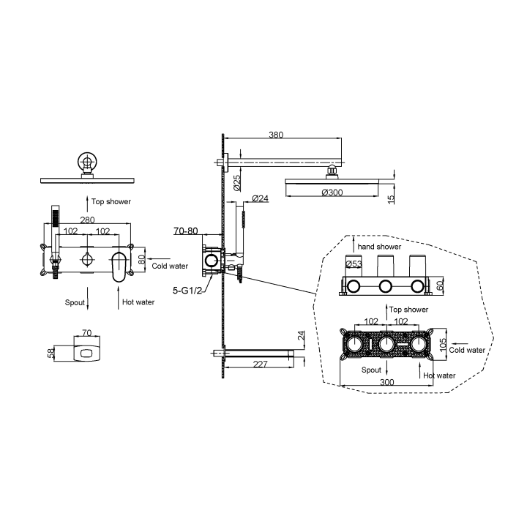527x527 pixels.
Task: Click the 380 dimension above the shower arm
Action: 276,135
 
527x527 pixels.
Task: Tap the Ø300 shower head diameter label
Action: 332,193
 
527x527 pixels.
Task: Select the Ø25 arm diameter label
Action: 237,183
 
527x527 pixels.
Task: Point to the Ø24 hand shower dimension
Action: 260,198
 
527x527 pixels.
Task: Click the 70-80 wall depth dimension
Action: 185,231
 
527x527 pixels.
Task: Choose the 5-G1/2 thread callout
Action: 187,291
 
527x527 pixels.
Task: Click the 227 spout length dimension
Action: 260,364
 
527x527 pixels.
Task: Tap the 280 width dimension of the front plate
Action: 87,220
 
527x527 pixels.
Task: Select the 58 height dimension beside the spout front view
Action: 51,354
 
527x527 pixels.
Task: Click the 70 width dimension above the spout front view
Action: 86,333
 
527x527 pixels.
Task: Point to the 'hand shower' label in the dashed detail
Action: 379,247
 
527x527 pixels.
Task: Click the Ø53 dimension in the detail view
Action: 354,264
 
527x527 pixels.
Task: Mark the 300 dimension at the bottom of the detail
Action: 387,382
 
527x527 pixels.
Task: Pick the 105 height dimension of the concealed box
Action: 444,345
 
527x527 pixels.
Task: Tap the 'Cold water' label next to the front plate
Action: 170,266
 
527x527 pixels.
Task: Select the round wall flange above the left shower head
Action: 87,162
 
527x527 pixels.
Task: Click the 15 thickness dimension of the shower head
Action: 391,199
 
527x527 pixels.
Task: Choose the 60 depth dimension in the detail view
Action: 440,286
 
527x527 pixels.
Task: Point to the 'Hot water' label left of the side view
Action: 138,302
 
